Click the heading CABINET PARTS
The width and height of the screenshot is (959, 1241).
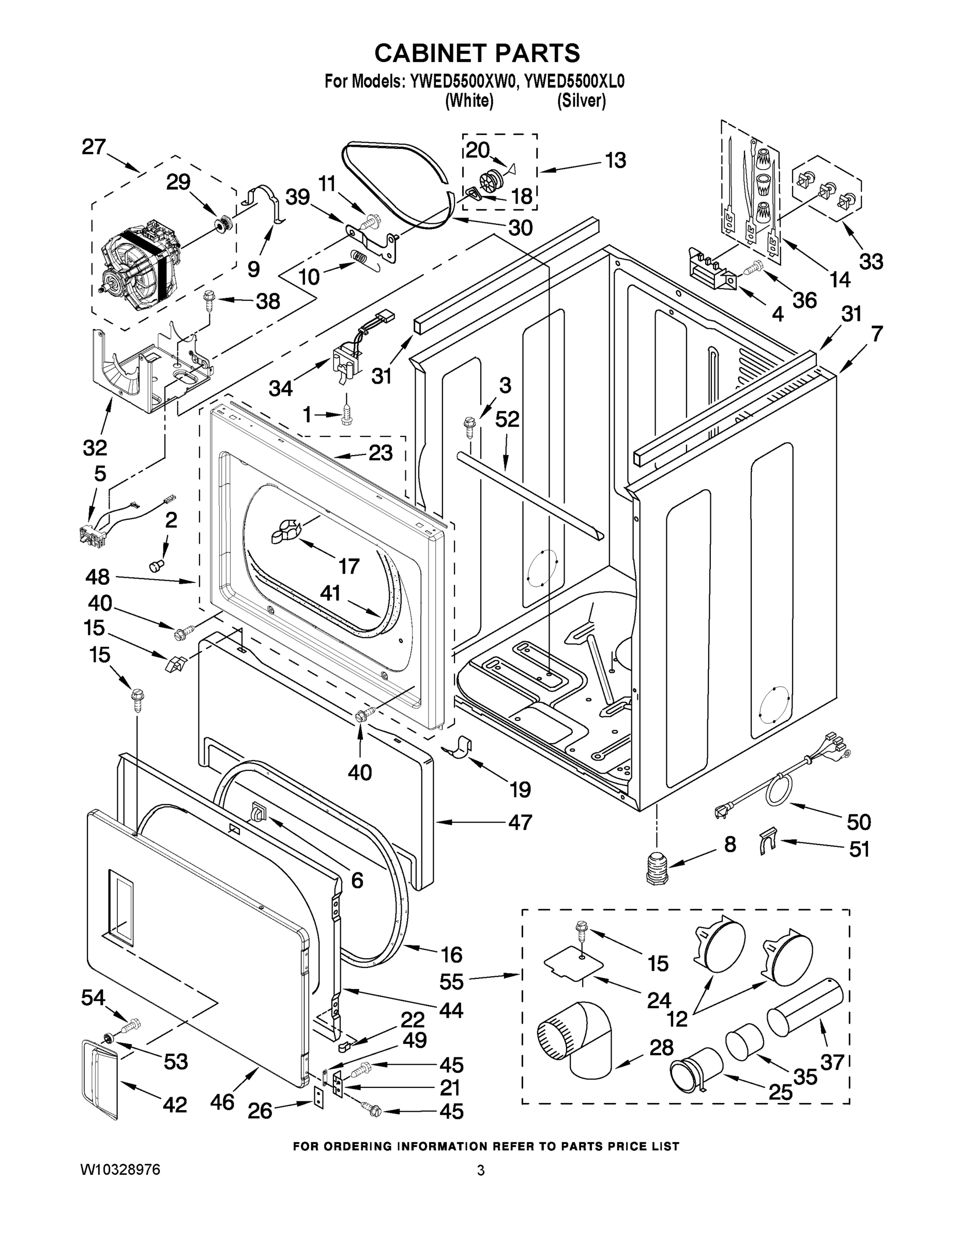[477, 53]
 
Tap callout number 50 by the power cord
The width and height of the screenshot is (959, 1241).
[858, 822]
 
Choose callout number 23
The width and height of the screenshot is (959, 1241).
[380, 453]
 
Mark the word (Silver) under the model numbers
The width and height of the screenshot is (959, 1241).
[581, 101]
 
